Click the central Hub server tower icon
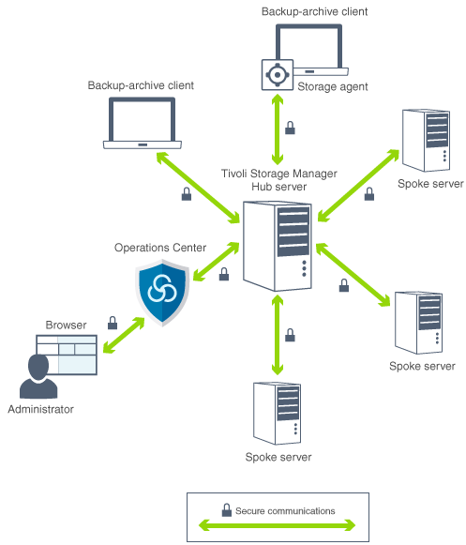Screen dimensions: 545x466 click(x=278, y=247)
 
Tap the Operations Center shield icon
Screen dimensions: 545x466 click(x=163, y=292)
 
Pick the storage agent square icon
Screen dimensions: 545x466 click(x=277, y=73)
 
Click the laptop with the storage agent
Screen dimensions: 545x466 click(x=315, y=52)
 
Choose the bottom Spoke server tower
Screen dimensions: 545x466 click(x=277, y=412)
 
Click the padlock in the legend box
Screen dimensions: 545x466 click(x=226, y=510)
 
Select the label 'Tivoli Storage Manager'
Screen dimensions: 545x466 click(x=278, y=174)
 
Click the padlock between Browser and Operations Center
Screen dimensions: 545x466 click(x=112, y=322)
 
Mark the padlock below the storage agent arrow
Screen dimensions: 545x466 click(x=290, y=128)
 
